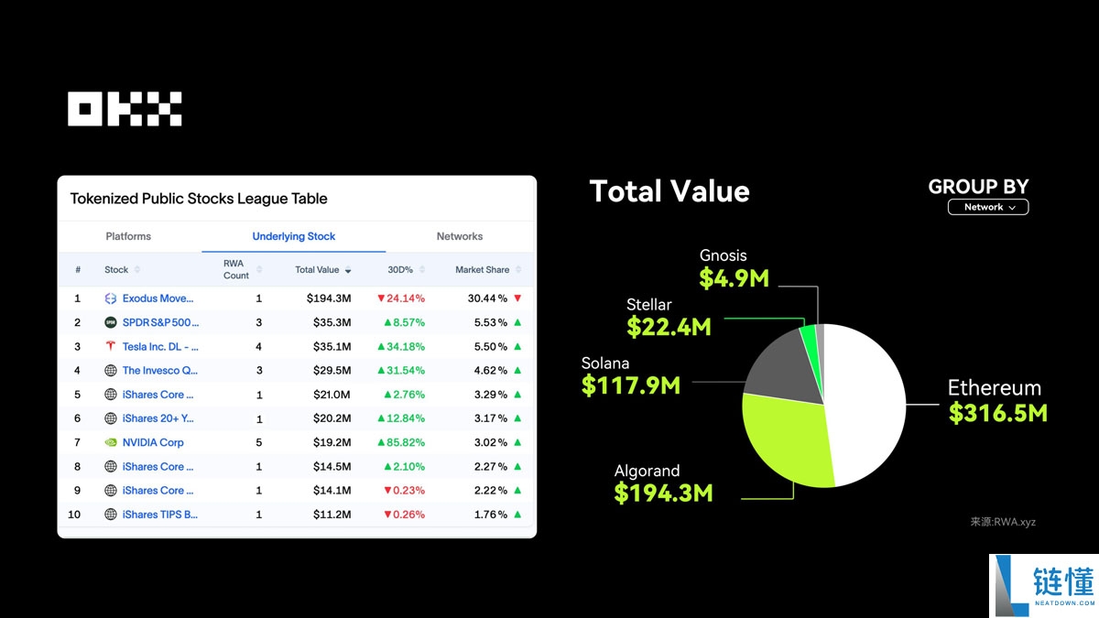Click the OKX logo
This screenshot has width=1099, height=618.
(125, 109)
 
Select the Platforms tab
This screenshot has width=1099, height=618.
(128, 236)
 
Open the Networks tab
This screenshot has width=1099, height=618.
(459, 236)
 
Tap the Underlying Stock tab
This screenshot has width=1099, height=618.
(294, 236)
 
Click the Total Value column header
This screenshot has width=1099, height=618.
(317, 270)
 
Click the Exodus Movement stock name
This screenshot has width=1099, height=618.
(158, 298)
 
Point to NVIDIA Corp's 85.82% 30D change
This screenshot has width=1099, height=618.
(400, 442)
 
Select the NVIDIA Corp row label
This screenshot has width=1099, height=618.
(153, 442)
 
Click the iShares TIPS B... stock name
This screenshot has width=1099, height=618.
(159, 515)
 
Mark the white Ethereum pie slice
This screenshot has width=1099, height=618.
(865, 403)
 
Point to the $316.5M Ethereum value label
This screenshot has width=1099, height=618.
(997, 413)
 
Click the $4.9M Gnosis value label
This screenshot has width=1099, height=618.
(734, 278)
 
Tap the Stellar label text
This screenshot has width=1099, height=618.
(649, 305)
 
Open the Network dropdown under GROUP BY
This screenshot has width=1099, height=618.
(988, 208)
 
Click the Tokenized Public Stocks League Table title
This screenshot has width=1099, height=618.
(199, 199)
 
